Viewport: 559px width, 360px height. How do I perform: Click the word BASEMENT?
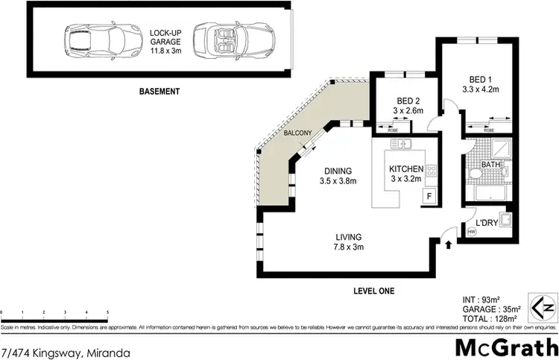pos(160,92)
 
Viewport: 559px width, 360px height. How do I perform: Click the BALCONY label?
pos(297,133)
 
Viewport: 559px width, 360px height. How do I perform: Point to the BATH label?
pos(490,165)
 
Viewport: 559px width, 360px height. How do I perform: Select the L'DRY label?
pos(487,223)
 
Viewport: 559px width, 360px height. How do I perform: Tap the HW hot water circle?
pos(471,232)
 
